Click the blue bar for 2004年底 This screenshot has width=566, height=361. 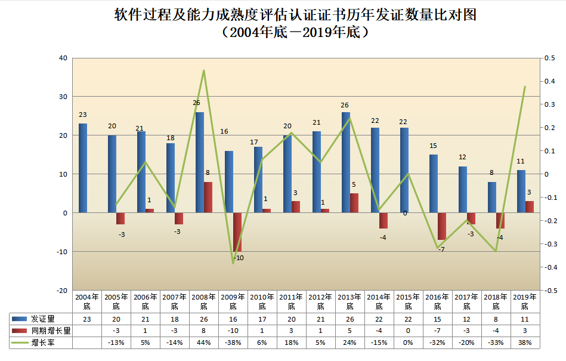tap(83, 168)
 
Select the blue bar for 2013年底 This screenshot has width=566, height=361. tap(346, 162)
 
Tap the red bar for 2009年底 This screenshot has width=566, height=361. tap(237, 232)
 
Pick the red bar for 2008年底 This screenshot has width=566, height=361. tap(208, 197)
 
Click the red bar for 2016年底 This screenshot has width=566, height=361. tap(442, 226)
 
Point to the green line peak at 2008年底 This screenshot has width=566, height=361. tap(203, 70)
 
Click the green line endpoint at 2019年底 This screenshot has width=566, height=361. tap(525, 87)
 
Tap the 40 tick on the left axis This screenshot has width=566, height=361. tap(63, 58)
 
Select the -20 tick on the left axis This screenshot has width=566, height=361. tap(62, 291)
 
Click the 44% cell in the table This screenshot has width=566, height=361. tap(203, 343)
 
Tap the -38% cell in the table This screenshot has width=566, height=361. tap(233, 343)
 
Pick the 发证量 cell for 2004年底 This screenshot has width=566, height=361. tap(86, 319)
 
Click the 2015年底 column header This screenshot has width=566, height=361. tap(408, 301)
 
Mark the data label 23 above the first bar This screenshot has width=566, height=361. tap(83, 115)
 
